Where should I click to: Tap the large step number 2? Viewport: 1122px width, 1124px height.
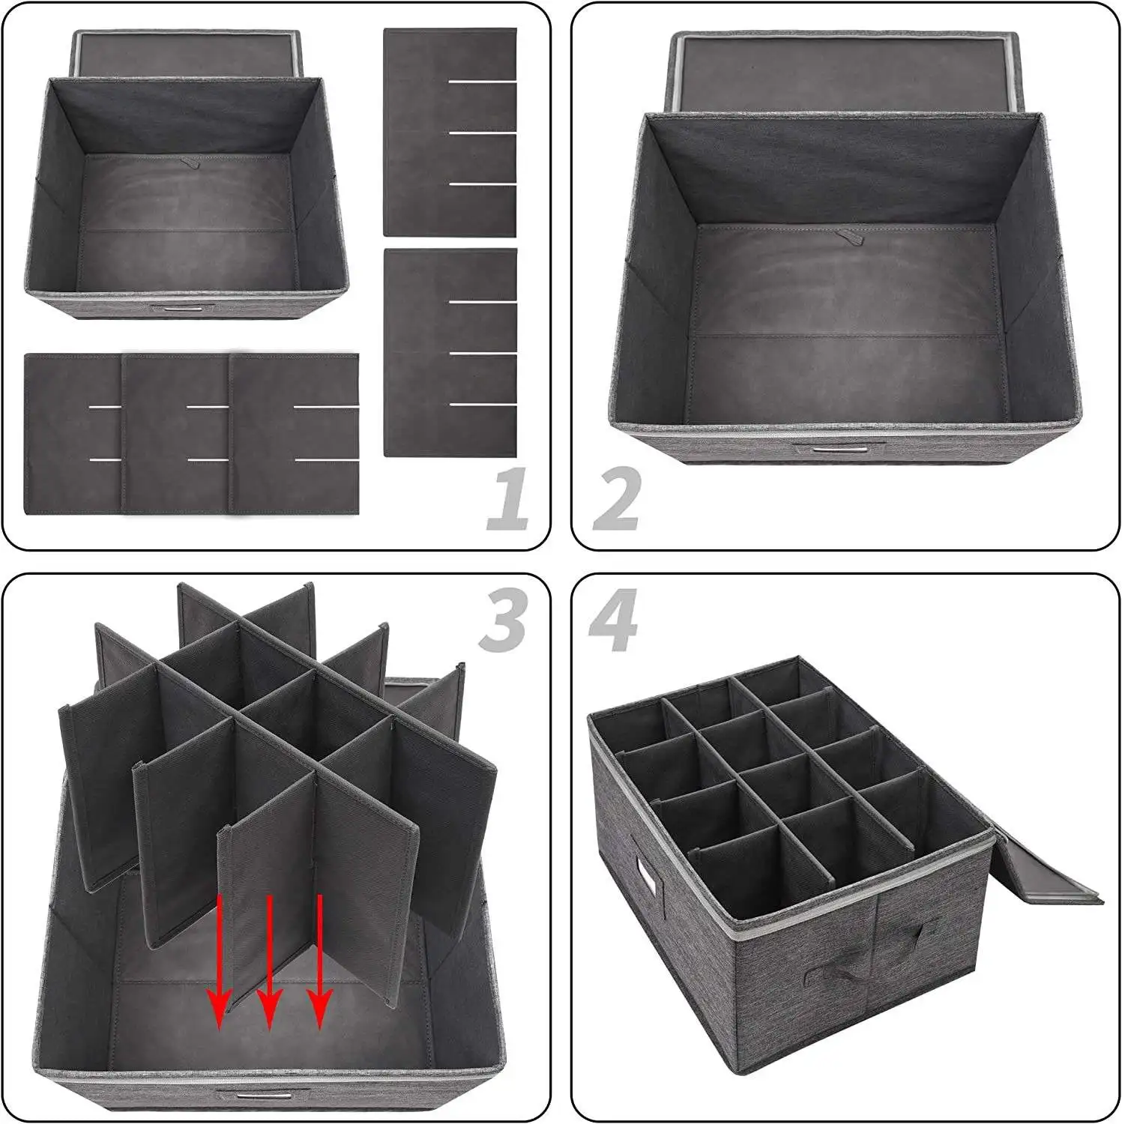[x=616, y=498]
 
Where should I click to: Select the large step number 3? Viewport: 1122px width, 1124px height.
[x=504, y=619]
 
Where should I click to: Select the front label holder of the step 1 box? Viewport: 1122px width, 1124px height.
[x=182, y=309]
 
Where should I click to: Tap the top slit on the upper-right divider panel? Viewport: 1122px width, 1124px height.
[x=483, y=81]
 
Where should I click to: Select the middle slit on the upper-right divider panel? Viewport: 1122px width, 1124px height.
[x=483, y=133]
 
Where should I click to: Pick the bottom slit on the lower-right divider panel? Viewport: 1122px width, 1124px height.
[x=483, y=405]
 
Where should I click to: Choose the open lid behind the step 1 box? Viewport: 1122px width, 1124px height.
[x=187, y=52]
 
